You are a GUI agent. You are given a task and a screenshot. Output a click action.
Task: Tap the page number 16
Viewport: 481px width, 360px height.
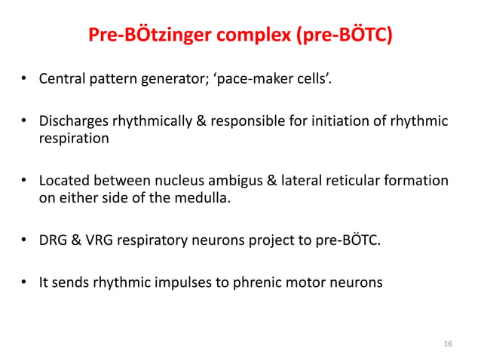[448, 344]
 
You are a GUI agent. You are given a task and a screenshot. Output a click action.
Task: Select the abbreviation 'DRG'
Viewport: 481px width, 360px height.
[54, 241]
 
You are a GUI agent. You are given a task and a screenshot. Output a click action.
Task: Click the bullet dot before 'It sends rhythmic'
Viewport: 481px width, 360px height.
[24, 283]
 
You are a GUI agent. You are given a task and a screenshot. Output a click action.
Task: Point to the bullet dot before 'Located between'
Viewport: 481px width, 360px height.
[24, 182]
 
